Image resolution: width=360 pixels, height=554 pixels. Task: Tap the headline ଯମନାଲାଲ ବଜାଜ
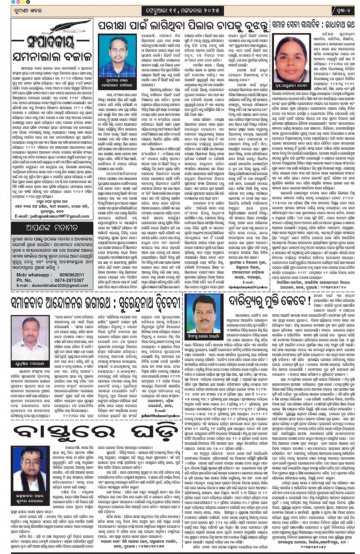click(x=51, y=56)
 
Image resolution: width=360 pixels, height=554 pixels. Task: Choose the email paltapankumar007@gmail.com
click(x=52, y=216)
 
